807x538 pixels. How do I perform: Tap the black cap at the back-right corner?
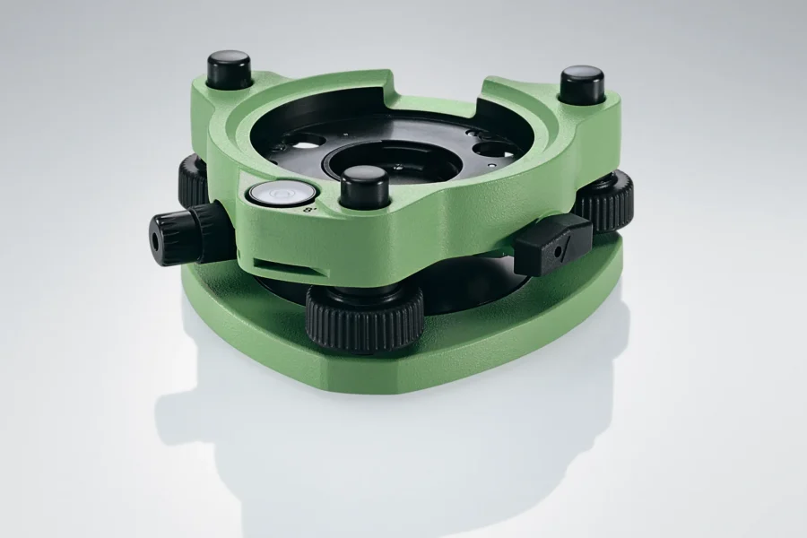[582, 85]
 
